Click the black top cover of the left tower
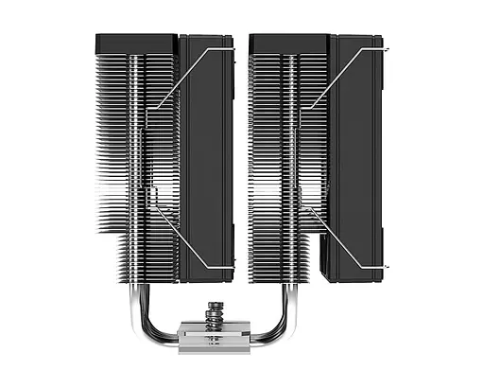tap(137, 43)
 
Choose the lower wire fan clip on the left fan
tap(189, 237)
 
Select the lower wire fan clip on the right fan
tap(340, 237)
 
